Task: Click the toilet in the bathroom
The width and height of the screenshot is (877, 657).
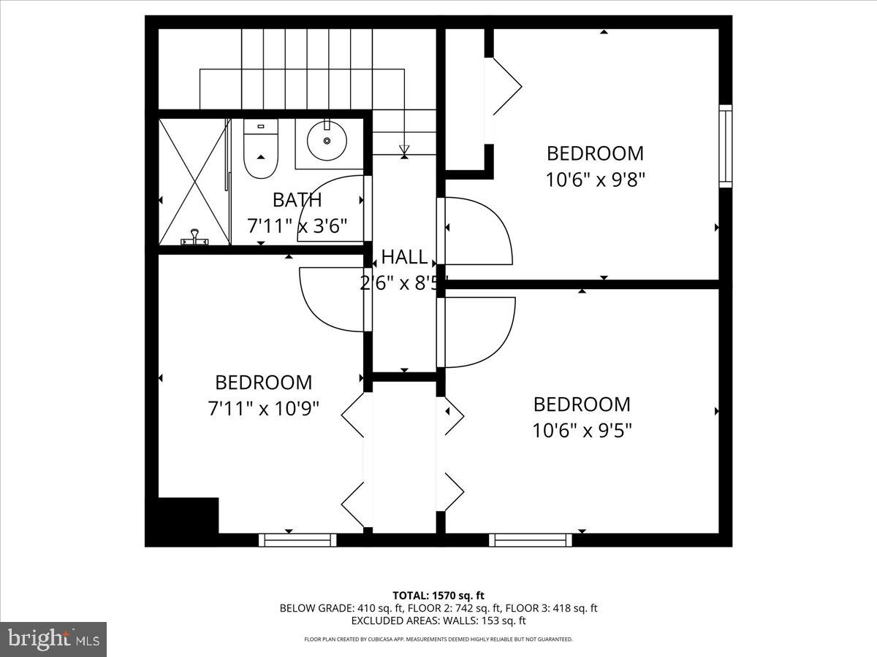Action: coord(261,148)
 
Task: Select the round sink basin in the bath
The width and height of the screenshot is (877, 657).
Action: coord(327,141)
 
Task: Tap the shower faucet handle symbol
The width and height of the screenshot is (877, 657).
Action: coord(194,237)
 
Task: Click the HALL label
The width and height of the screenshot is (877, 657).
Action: coord(404,257)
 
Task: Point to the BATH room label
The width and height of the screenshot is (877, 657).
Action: coord(297,200)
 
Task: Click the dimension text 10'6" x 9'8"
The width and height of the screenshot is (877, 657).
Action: coord(596,180)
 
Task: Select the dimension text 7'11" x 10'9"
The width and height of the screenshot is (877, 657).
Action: coord(263,409)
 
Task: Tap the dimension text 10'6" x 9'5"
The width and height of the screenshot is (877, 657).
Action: coord(582,431)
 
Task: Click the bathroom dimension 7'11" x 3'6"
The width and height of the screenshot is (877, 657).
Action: coord(297,226)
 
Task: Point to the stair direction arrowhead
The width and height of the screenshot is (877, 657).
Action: coord(404,150)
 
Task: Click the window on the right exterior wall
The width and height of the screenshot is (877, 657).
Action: coord(726,146)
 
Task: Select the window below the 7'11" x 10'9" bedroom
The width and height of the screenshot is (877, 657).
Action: coord(297,540)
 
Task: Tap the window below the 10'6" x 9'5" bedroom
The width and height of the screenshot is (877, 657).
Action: coord(530,540)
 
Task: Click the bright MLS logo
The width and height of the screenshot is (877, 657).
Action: coord(53,639)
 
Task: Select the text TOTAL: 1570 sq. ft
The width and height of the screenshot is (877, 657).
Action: coord(438,595)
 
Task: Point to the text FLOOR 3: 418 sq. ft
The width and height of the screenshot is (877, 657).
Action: coord(551,608)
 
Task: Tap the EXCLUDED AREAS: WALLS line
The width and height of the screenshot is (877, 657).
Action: coord(438,620)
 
